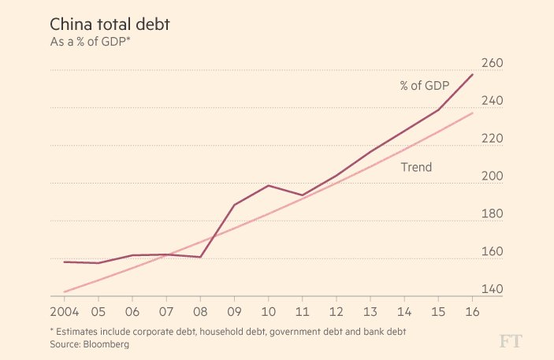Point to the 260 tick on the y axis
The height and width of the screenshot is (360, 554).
492,63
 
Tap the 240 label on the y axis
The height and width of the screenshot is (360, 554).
492,101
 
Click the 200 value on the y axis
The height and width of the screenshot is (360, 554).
492,176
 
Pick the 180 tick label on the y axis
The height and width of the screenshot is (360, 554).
492,213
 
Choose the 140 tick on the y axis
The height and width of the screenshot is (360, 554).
492,289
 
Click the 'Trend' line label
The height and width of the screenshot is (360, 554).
416,167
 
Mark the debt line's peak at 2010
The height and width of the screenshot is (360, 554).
269,185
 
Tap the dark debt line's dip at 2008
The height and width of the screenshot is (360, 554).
200,257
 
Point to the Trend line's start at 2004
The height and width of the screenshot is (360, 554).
64,291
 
